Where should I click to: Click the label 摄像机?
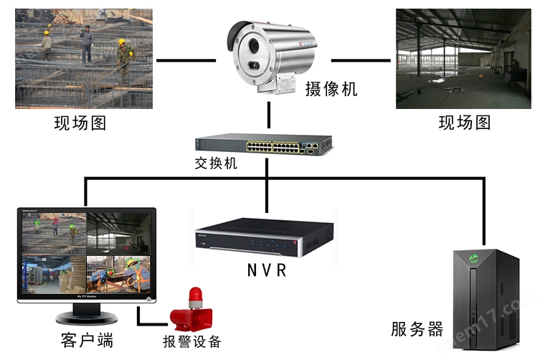click(331, 90)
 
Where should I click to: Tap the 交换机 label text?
click(215, 164)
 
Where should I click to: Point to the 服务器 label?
click(417, 329)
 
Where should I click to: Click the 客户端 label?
click(87, 338)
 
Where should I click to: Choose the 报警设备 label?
click(192, 341)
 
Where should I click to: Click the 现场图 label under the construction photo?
click(80, 123)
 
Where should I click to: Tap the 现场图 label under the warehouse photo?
click(465, 123)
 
